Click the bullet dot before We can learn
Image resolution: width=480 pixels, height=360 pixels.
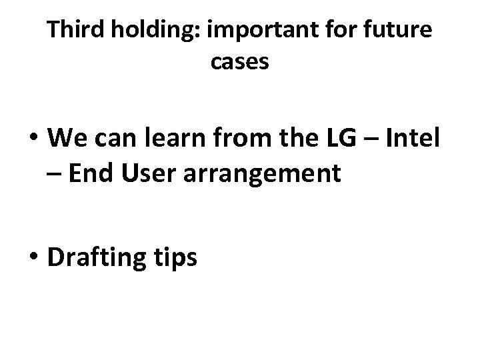pyautogui.click(x=35, y=140)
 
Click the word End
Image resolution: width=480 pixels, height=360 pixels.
pyautogui.click(x=89, y=173)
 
